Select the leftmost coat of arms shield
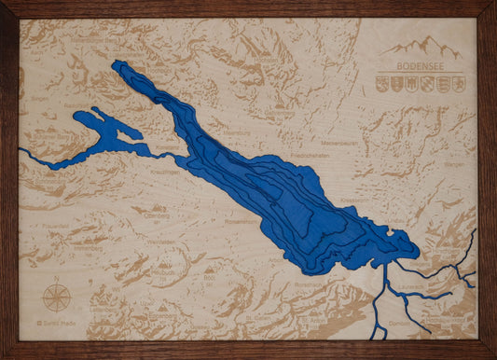tap(382, 84)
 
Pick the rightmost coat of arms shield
tap(458, 84)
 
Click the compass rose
tap(57, 298)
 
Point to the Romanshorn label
tap(242, 221)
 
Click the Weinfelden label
tap(161, 241)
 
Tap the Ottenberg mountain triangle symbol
tap(159, 207)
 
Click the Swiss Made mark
tap(55, 323)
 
